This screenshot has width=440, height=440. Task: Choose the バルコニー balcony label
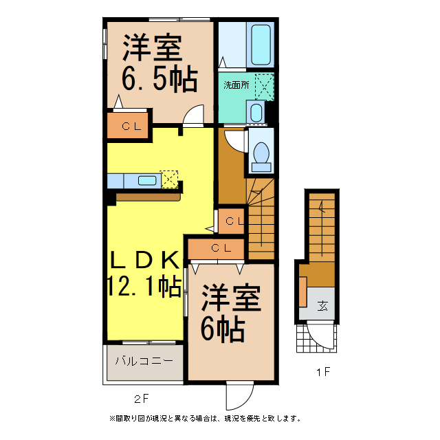click(x=144, y=360)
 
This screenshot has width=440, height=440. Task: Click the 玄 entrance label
click(x=322, y=307)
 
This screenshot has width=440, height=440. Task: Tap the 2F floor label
click(x=141, y=397)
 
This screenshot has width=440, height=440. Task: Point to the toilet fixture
click(x=261, y=155)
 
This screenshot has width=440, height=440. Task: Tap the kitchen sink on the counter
click(x=147, y=180)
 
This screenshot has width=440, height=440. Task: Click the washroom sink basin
click(x=256, y=112)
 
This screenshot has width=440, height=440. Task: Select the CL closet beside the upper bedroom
click(x=129, y=126)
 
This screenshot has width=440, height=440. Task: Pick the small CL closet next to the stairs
click(x=232, y=221)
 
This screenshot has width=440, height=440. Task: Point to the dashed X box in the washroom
click(x=265, y=86)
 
